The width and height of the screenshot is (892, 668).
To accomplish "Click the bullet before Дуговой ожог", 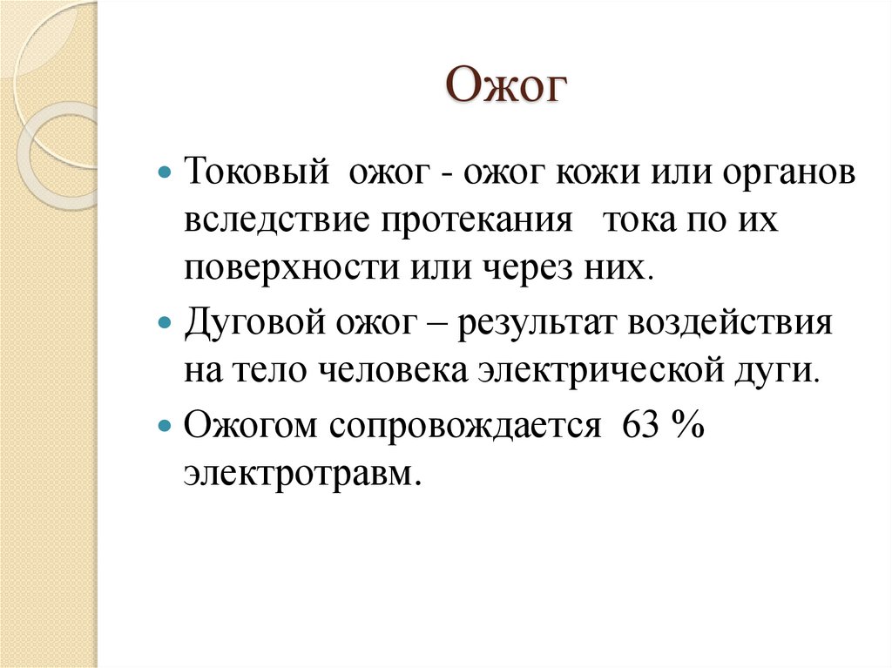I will [168, 324].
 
